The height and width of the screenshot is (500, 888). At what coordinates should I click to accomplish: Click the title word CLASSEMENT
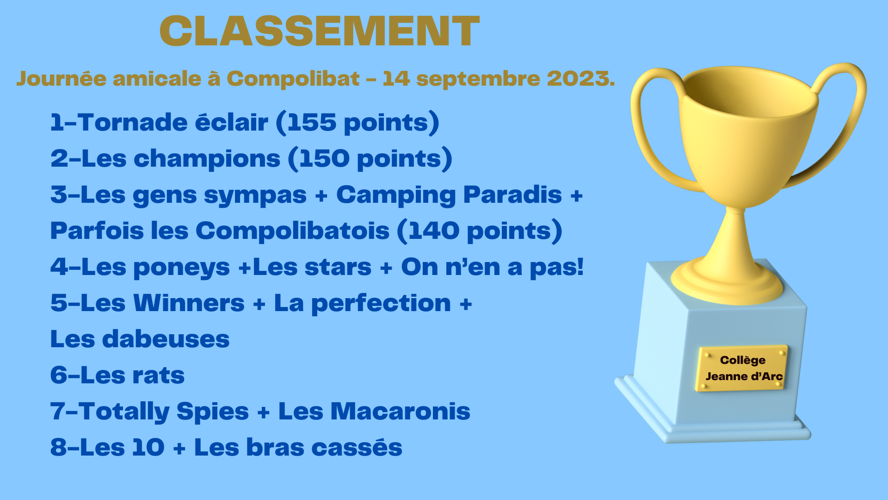pos(320,31)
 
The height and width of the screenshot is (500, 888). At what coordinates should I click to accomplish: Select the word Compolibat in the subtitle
pos(293,79)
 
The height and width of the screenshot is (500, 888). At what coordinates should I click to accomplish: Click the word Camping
pos(396,195)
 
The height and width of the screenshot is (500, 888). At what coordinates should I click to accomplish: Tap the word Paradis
pos(512,194)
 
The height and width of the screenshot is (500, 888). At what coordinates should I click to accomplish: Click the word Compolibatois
pos(292,231)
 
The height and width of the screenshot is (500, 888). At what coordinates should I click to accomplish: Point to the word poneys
pos(181,268)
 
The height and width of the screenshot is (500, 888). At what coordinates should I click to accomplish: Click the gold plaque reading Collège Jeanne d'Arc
pos(741,368)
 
